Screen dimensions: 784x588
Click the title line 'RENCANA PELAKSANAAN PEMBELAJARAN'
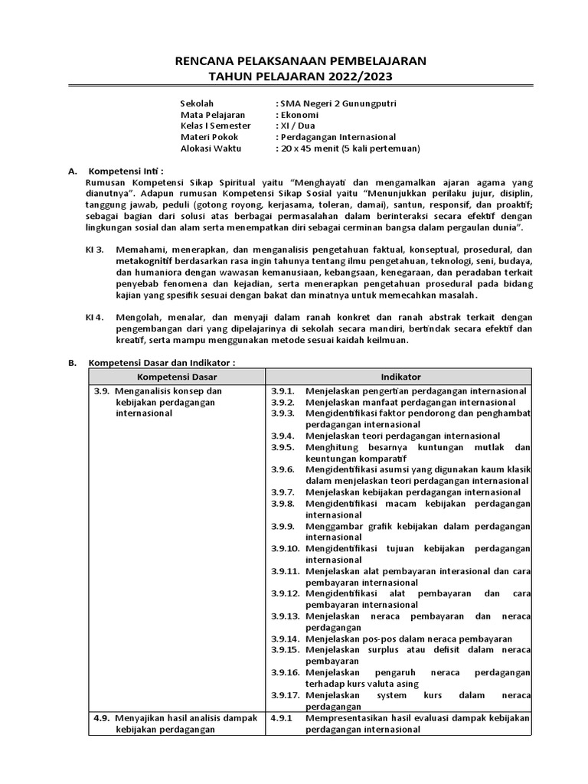[x=295, y=61]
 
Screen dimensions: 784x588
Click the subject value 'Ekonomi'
[x=302, y=115]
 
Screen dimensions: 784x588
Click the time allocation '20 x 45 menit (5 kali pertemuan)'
[x=350, y=148]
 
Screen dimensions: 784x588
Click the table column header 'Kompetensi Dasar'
[x=176, y=377]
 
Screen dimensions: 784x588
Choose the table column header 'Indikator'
[x=400, y=377]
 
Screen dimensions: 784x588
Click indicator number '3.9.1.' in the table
[x=283, y=391]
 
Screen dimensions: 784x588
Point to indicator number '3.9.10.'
[x=285, y=548]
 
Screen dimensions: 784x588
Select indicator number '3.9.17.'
[x=285, y=695]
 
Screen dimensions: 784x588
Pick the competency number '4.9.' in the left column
[x=103, y=719]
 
